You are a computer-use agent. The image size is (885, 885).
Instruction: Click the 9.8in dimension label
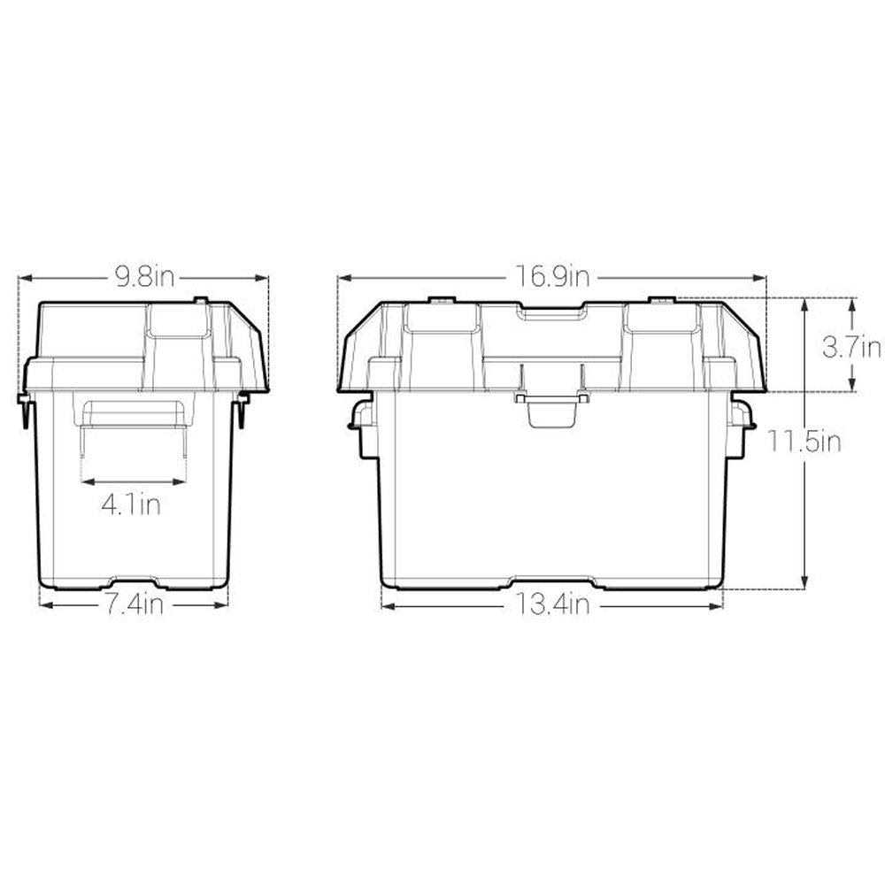point(144,278)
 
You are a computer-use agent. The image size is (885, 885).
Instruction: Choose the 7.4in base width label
point(135,605)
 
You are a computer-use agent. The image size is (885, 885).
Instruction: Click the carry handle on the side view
point(134,413)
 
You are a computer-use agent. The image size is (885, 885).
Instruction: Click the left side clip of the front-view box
point(360,426)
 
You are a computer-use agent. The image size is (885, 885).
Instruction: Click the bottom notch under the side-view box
point(135,583)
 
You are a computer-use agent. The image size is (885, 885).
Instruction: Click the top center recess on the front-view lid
point(551,313)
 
